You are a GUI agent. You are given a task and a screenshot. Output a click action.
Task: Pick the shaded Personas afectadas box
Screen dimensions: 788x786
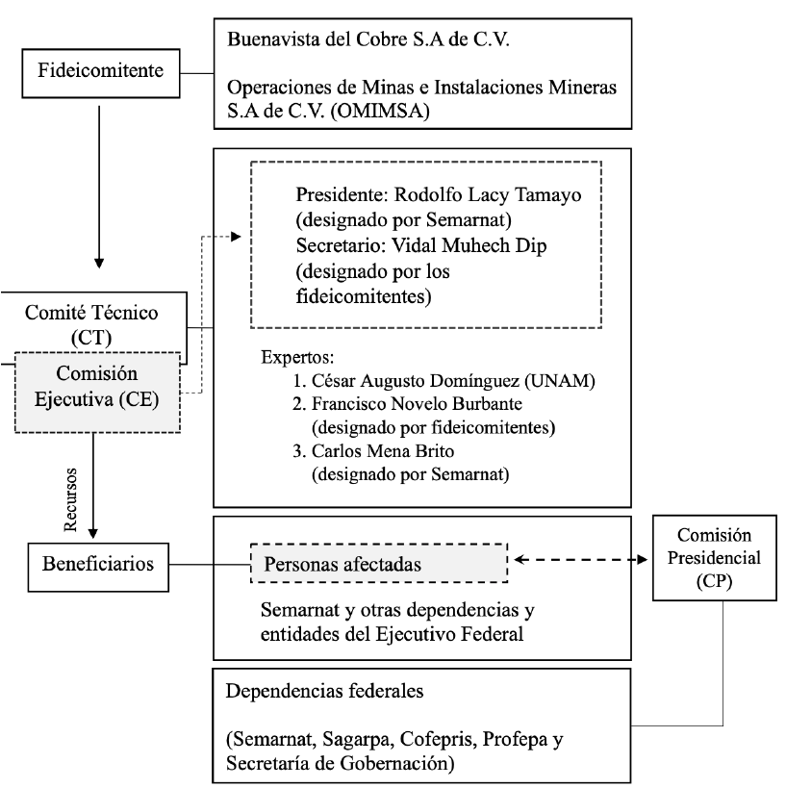(378, 565)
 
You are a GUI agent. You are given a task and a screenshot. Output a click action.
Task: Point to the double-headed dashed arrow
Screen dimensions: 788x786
(576, 559)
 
